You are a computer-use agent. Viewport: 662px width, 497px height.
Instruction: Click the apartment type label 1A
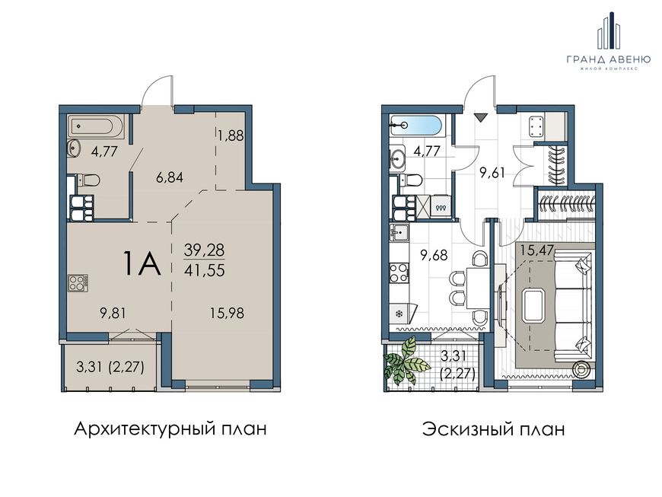pos(142,263)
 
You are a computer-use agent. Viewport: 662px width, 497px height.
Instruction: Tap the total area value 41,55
pos(205,269)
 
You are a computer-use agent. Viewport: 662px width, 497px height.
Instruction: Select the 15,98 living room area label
pos(228,314)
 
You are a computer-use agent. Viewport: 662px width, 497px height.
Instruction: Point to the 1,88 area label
pos(231,136)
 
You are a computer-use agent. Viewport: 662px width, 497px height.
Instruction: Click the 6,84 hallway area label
pos(169,178)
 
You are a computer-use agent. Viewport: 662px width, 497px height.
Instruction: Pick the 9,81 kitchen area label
pos(113,314)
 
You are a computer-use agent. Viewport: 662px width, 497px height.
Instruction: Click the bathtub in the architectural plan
pos(97,126)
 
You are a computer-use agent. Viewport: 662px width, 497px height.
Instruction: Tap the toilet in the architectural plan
pos(90,180)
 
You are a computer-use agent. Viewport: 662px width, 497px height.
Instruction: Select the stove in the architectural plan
pos(78,283)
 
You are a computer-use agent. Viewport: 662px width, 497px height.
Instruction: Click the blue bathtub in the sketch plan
pos(416,126)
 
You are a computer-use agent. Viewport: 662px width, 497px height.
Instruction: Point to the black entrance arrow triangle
pos(480,117)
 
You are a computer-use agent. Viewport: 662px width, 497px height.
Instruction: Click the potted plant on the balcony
pos(406,360)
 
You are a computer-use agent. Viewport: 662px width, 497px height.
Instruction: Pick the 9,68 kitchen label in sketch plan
pos(434,255)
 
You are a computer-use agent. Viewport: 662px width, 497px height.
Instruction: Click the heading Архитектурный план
pos(170,430)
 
